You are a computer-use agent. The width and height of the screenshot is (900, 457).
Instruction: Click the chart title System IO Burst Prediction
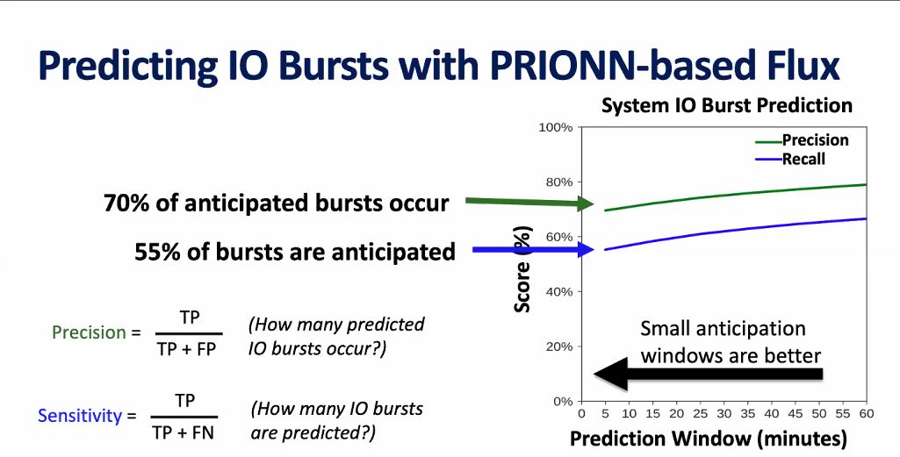pos(726,106)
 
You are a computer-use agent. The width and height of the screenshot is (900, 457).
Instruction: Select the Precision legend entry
pos(815,140)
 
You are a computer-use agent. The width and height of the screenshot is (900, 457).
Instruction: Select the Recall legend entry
pos(803,159)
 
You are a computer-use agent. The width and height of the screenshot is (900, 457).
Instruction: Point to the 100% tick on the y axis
pos(555,128)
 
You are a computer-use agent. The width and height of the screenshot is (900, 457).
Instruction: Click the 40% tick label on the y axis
pos(558,292)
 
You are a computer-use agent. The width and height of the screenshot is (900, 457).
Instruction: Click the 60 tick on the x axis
pos(866,413)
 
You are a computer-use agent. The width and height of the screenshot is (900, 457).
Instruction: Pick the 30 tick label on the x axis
pos(723,413)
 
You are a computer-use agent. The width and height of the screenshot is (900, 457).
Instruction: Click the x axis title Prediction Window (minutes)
pos(709,438)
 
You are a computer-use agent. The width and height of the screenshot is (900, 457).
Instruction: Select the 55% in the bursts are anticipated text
pos(156,253)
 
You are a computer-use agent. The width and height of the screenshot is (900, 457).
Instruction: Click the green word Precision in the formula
pos(89,332)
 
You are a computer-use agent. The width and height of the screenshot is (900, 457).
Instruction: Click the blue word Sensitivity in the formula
pos(79,416)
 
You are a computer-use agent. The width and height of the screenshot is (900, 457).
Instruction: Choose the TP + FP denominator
pos(190,347)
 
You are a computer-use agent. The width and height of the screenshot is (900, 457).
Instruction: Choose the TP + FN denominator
pos(184,432)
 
